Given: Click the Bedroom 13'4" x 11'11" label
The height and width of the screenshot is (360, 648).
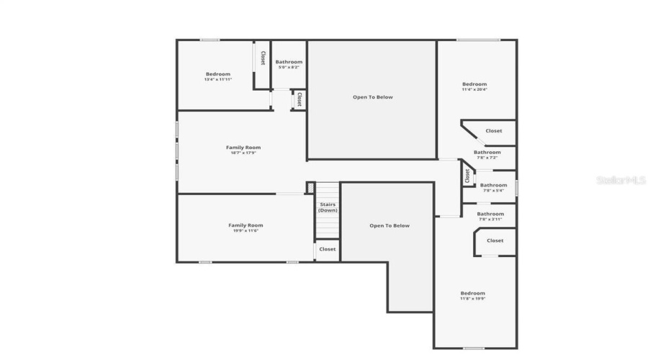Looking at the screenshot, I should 217,76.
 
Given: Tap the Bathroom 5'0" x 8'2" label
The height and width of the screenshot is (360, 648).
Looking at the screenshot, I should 289,64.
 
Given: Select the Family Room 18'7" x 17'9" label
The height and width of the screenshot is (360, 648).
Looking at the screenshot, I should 243,150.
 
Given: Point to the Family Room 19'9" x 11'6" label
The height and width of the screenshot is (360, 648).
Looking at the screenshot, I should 246,228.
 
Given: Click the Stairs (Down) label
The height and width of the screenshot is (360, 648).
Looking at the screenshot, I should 328,207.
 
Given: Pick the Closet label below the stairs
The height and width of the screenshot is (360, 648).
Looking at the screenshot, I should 328,249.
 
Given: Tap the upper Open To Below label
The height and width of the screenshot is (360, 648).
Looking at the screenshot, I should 372,97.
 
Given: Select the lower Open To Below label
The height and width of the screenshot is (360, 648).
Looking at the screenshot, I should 390,225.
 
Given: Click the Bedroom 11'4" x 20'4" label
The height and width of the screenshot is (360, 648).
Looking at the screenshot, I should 474,86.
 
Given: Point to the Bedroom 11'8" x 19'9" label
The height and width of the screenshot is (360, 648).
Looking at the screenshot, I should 473,295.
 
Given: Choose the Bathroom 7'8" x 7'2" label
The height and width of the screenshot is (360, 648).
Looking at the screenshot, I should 487,154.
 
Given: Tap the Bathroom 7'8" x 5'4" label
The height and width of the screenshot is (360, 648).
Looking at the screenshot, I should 493,187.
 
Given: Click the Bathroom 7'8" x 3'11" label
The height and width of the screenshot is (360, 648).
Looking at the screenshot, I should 490,215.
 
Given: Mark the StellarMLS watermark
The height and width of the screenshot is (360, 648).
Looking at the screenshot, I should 621,180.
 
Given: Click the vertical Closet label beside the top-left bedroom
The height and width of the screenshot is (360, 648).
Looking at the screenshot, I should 263,58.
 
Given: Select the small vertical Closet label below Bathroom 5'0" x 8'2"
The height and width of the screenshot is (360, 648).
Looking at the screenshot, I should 299,99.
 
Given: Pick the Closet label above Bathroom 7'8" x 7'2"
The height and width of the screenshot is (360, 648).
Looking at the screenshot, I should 494,131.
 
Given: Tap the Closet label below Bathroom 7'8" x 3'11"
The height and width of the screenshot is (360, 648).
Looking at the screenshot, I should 495,240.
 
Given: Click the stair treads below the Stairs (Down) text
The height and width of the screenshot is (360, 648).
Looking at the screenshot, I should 328,226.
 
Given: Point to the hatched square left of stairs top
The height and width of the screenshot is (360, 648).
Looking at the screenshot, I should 311,188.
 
